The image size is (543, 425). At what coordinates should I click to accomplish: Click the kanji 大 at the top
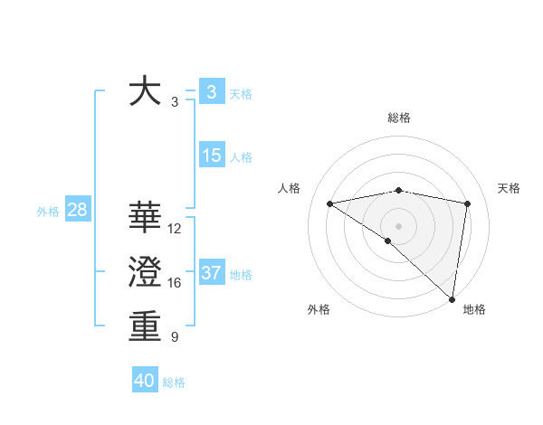145,92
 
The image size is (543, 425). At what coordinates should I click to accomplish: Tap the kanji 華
145,218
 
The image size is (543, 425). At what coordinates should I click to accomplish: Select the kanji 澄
145,272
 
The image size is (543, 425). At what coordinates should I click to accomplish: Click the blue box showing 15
212,156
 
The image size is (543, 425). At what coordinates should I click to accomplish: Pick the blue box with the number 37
212,273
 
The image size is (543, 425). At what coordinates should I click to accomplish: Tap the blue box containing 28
77,211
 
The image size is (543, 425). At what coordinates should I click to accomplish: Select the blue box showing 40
145,381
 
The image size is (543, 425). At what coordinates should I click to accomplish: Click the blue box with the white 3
212,91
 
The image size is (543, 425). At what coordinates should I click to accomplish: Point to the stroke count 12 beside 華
175,229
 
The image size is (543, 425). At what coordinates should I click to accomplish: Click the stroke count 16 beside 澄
175,283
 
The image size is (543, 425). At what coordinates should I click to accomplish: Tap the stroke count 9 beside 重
175,337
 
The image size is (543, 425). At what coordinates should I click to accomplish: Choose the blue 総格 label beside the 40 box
174,382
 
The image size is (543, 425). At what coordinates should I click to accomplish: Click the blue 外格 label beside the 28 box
48,212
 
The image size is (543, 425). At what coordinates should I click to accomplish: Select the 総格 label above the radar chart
398,118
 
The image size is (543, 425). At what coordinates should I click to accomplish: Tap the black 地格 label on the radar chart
474,309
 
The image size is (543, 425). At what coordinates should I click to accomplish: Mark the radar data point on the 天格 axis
468,203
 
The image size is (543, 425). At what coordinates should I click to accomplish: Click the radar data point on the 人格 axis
329,203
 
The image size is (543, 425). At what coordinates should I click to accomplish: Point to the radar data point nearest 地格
452,298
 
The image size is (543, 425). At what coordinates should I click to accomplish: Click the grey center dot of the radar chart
398,225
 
